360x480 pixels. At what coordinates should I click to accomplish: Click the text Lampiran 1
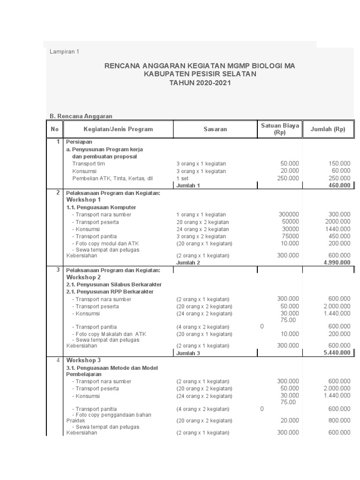[64, 52]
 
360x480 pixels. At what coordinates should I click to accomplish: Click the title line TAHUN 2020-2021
[200, 82]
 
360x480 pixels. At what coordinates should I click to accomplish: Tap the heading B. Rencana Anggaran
[81, 116]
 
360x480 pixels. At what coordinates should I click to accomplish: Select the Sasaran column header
[215, 129]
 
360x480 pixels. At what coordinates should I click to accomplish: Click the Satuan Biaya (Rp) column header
[280, 129]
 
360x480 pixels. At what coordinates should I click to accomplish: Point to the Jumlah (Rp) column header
[328, 129]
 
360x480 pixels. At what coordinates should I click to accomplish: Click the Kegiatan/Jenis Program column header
[118, 129]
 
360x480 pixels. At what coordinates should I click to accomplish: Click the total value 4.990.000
[336, 262]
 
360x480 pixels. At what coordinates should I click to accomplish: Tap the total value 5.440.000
[336, 352]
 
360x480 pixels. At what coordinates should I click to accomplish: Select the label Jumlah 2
[188, 263]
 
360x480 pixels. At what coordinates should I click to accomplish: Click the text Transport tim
[89, 164]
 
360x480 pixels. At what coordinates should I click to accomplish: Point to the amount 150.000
[339, 164]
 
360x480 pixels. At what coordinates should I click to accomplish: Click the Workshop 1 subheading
[83, 200]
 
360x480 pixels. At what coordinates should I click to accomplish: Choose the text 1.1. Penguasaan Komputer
[101, 207]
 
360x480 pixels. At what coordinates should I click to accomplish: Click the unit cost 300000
[288, 214]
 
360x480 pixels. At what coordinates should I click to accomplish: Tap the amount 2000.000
[337, 222]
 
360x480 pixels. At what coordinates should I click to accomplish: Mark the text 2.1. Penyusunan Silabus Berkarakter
[114, 285]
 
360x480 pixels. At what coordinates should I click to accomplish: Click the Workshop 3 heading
[83, 360]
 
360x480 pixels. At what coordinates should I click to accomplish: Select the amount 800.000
[339, 420]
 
